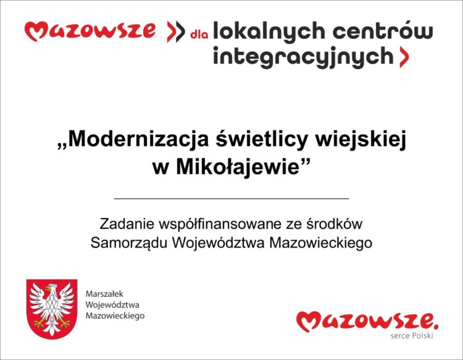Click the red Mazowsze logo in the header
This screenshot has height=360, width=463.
tap(90, 31)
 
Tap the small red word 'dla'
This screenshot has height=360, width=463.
tap(199, 35)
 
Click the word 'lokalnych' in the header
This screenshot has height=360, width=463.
tap(269, 31)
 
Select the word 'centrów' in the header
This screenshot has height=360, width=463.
tap(383, 30)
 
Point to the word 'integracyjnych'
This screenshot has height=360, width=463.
tap(303, 57)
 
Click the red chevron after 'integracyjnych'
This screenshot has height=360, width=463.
tap(404, 57)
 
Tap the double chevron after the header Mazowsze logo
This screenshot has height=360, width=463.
tap(176, 31)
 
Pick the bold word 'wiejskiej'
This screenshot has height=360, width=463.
tap(361, 140)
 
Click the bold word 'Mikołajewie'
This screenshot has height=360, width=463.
tap(238, 167)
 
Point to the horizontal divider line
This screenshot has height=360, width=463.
tap(231, 199)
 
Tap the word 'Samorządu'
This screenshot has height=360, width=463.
tap(129, 243)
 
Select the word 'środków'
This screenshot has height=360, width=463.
tap(334, 224)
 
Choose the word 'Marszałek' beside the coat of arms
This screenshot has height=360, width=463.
tap(104, 294)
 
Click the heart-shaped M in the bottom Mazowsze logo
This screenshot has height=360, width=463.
tap(309, 321)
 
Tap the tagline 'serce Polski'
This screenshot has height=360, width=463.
tap(412, 336)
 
